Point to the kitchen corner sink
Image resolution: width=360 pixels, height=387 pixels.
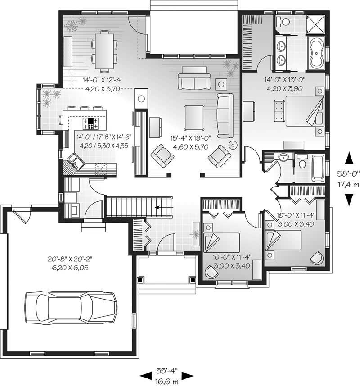[x=74, y=160]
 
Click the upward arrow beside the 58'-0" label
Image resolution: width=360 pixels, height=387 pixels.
[x=348, y=158]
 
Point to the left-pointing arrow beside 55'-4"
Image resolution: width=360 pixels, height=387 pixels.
[x=145, y=374]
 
